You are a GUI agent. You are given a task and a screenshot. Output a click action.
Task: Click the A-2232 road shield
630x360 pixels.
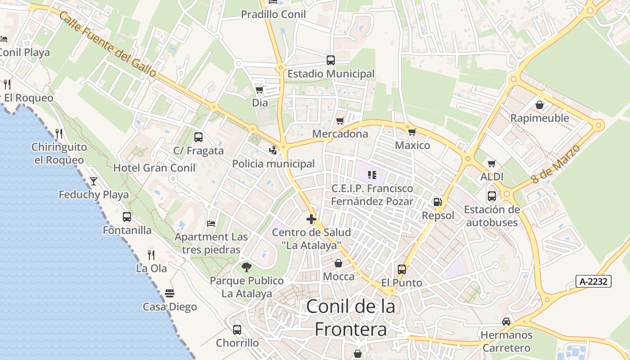(593, 282)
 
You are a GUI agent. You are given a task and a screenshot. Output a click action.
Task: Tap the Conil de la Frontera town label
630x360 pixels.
(351, 318)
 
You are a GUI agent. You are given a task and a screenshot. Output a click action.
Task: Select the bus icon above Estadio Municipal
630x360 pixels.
(331, 60)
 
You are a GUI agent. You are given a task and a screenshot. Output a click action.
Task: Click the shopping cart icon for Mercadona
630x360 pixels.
(340, 121)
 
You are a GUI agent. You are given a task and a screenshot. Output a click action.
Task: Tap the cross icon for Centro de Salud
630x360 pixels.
(311, 219)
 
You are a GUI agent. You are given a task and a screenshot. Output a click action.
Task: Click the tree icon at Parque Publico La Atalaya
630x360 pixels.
(246, 267)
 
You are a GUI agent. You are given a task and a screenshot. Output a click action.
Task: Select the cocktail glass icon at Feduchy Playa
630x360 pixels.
(94, 181)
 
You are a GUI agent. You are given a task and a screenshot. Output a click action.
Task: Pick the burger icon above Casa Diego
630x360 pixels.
(170, 293)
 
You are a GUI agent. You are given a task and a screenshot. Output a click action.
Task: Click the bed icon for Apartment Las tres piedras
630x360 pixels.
(211, 223)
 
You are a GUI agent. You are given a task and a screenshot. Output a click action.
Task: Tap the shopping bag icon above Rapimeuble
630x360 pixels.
(539, 105)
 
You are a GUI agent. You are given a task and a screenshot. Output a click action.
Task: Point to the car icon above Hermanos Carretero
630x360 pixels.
(506, 321)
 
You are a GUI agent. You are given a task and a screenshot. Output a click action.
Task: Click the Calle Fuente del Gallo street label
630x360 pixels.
(108, 45)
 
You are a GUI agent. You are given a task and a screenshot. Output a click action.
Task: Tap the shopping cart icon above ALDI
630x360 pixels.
(492, 163)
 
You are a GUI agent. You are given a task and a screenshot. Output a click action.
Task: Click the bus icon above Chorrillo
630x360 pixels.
(237, 329)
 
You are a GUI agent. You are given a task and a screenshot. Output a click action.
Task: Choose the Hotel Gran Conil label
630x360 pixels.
(154, 168)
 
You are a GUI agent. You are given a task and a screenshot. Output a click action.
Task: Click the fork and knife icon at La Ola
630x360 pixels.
(151, 255)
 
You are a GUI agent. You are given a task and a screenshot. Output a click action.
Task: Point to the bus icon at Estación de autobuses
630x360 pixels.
(492, 196)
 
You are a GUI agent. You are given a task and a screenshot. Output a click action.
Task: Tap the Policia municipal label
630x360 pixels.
(273, 164)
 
